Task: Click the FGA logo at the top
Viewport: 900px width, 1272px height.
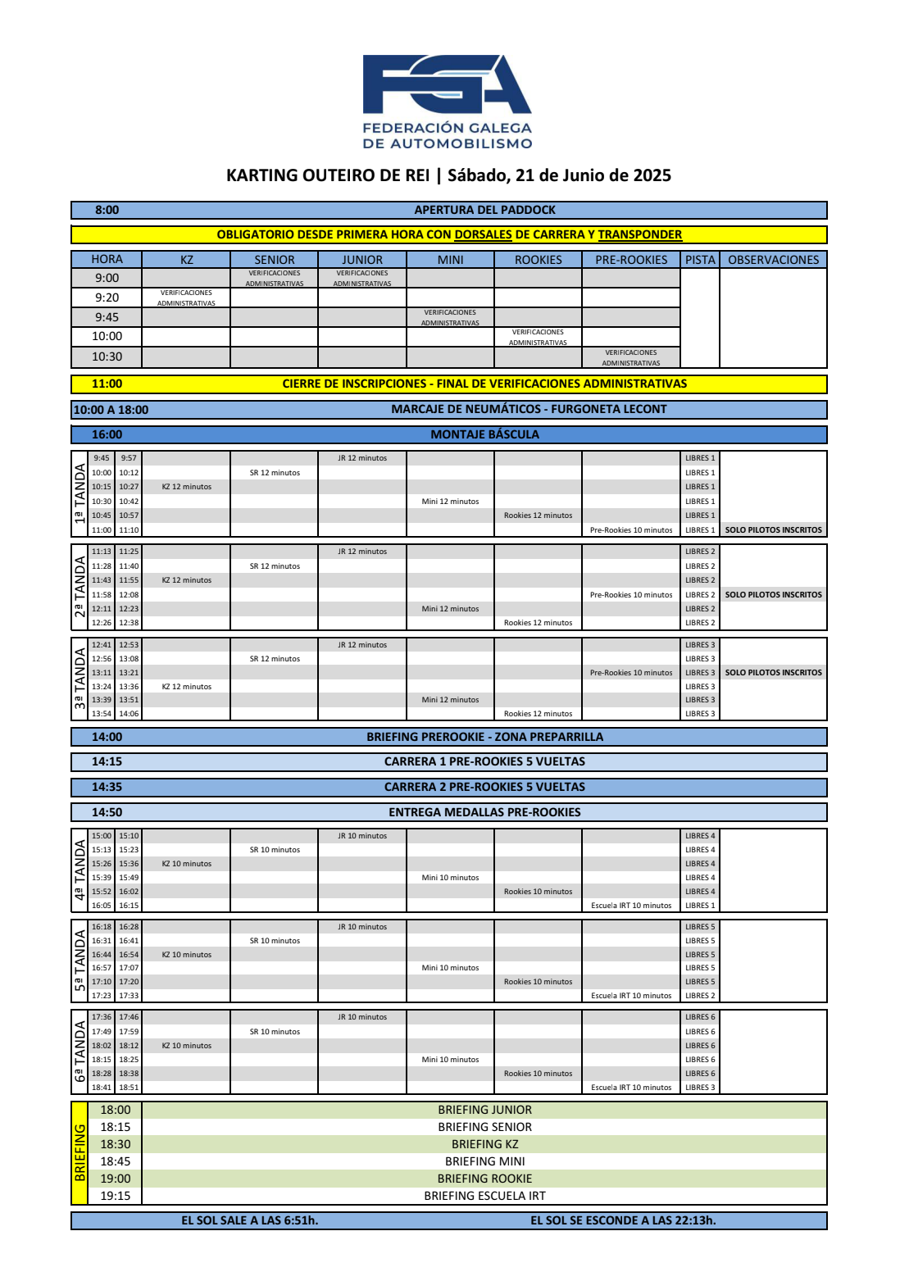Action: tap(448, 100)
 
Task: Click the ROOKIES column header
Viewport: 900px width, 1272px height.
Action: tap(538, 260)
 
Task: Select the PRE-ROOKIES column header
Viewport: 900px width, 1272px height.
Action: tap(631, 260)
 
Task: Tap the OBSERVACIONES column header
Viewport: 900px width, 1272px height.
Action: tap(773, 260)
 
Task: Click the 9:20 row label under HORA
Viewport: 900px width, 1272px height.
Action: tap(107, 298)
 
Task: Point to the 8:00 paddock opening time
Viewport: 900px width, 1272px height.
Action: tap(107, 210)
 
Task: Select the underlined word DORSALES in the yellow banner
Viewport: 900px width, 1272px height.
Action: tap(483, 234)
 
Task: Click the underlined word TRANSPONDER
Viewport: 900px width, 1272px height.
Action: tap(639, 234)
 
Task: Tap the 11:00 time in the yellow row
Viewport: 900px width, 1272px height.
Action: tap(107, 384)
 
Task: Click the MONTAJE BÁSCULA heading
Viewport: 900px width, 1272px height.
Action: tap(484, 434)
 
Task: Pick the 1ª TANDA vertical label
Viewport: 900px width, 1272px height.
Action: tap(80, 493)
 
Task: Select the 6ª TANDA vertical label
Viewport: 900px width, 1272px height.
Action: tap(80, 1052)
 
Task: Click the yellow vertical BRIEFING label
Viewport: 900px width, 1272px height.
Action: tap(80, 1152)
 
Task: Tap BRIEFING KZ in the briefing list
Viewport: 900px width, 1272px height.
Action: tap(484, 1144)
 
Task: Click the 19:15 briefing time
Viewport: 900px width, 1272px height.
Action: tap(115, 1196)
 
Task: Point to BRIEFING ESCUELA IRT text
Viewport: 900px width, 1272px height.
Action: tap(484, 1196)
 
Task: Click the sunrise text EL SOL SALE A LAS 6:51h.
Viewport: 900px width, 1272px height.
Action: tap(249, 1220)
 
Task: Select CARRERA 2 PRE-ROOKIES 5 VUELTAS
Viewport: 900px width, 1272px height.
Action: tap(484, 787)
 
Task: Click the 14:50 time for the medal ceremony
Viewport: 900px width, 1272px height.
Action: tap(107, 812)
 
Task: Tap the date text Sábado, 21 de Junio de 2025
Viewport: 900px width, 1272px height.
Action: tap(559, 175)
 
